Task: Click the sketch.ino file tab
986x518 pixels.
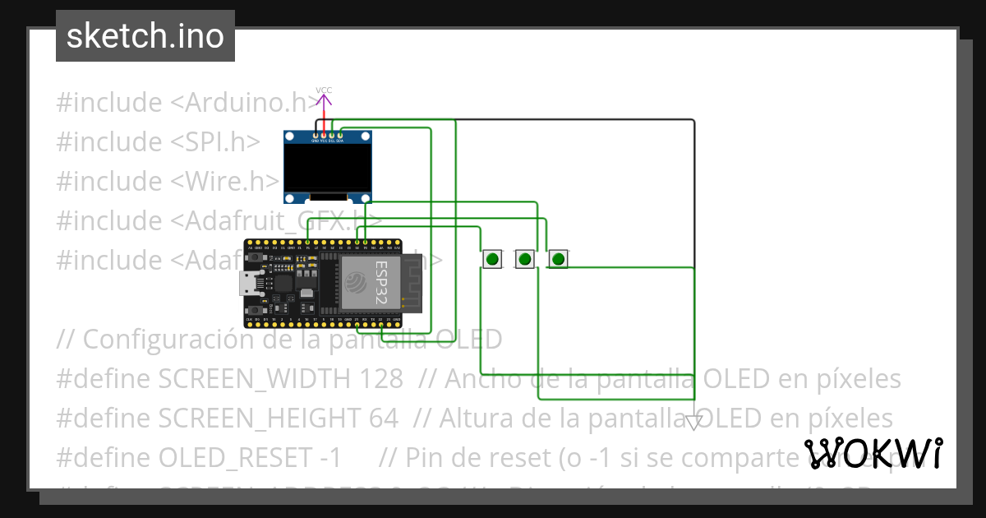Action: pos(145,36)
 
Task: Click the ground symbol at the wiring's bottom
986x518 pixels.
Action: pos(694,422)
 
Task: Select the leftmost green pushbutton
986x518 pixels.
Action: pos(491,259)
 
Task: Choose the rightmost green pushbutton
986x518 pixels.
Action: pos(559,259)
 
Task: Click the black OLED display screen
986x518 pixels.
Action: pos(326,168)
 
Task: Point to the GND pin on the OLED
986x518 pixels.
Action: pos(316,135)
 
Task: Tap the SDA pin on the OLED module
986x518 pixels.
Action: pos(339,135)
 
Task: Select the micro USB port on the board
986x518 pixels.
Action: pos(247,284)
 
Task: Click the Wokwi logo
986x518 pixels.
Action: pos(873,453)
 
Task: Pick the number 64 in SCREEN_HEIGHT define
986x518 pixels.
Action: pos(383,418)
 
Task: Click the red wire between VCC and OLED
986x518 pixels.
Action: pos(324,121)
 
